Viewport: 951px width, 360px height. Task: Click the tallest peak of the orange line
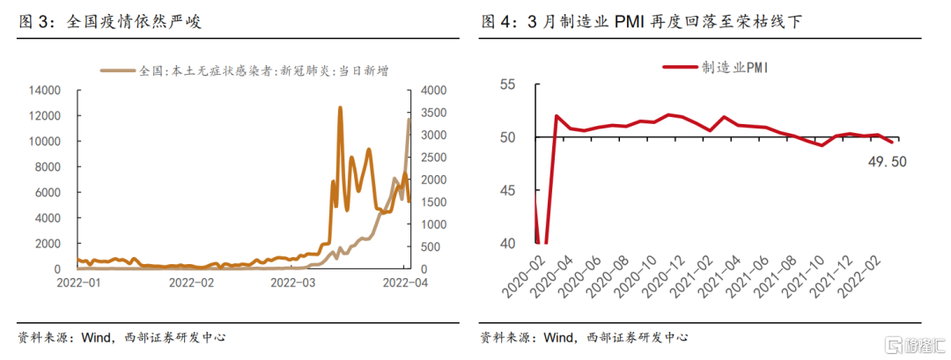point(340,107)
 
